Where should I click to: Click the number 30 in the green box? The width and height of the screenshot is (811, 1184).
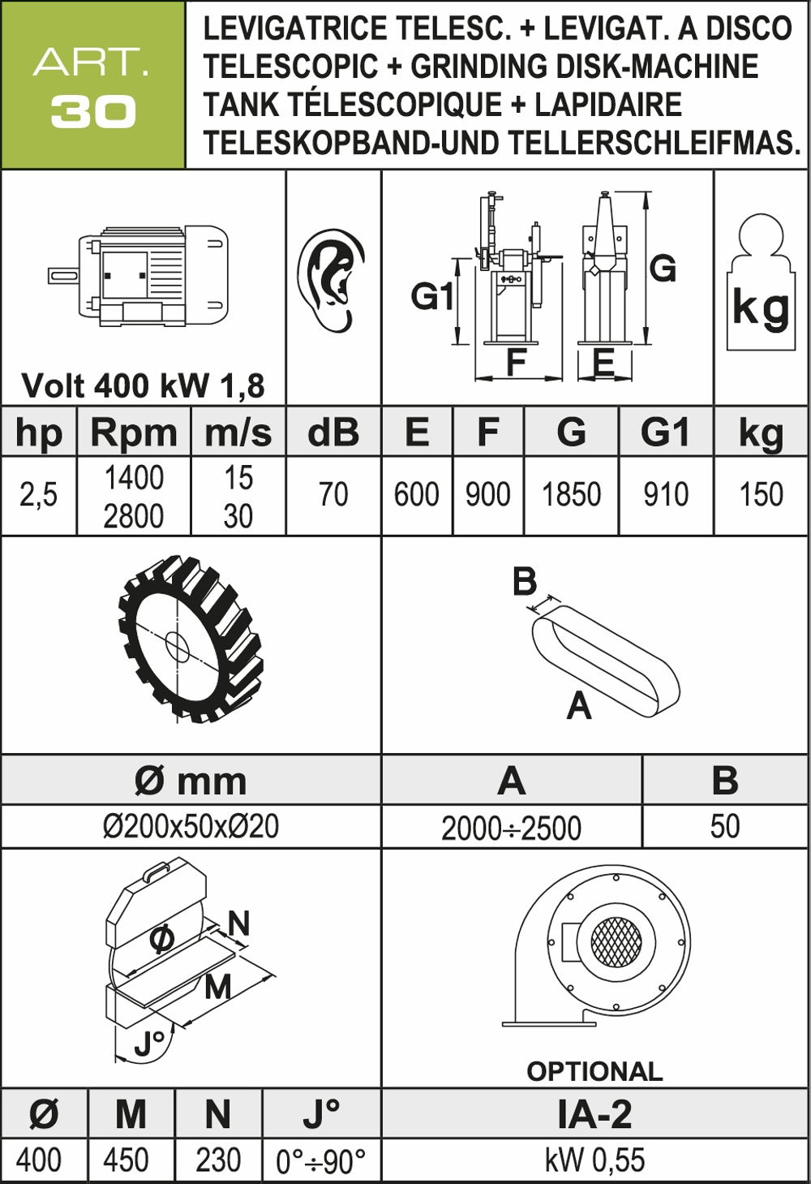click(93, 113)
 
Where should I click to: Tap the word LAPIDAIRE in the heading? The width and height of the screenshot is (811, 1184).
click(608, 105)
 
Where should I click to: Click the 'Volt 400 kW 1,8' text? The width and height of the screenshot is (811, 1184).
click(143, 385)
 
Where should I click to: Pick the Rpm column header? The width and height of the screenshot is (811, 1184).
click(134, 433)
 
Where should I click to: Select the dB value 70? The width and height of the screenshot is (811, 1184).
click(333, 494)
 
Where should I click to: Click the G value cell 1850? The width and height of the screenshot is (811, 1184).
click(571, 494)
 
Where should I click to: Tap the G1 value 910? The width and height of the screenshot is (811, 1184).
click(666, 494)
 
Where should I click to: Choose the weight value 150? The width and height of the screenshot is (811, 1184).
click(761, 494)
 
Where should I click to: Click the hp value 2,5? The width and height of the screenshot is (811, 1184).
click(39, 494)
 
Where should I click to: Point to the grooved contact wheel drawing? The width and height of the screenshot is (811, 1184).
click(191, 639)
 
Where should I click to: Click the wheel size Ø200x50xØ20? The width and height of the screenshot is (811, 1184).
click(191, 826)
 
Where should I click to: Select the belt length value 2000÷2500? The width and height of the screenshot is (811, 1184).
click(511, 828)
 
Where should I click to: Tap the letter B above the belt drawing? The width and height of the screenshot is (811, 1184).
click(525, 582)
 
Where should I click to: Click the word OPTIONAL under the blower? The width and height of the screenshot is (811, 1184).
click(594, 1071)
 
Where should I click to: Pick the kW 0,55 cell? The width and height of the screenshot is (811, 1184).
click(594, 1160)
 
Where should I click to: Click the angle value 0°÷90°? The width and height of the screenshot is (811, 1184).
click(320, 1161)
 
